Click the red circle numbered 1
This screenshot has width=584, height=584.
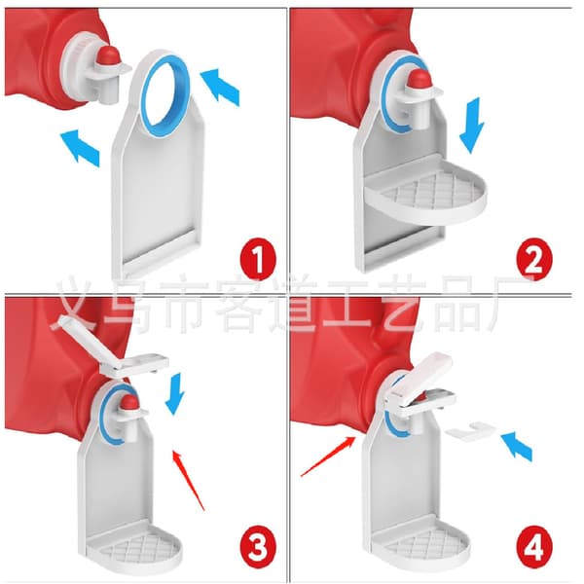[258, 260]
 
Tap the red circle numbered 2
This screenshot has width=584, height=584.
[534, 260]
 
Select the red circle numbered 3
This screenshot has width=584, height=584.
[258, 547]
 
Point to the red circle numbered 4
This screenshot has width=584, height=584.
[534, 547]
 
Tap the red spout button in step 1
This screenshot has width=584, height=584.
[108, 55]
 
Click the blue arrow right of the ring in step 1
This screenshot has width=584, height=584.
[220, 87]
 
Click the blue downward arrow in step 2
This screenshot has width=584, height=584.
[471, 126]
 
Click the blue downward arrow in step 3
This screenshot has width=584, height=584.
[175, 394]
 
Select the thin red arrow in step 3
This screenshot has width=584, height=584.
[189, 481]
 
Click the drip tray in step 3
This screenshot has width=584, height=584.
[135, 547]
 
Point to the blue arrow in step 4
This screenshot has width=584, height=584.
[517, 446]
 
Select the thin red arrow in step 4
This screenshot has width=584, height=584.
[328, 456]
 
